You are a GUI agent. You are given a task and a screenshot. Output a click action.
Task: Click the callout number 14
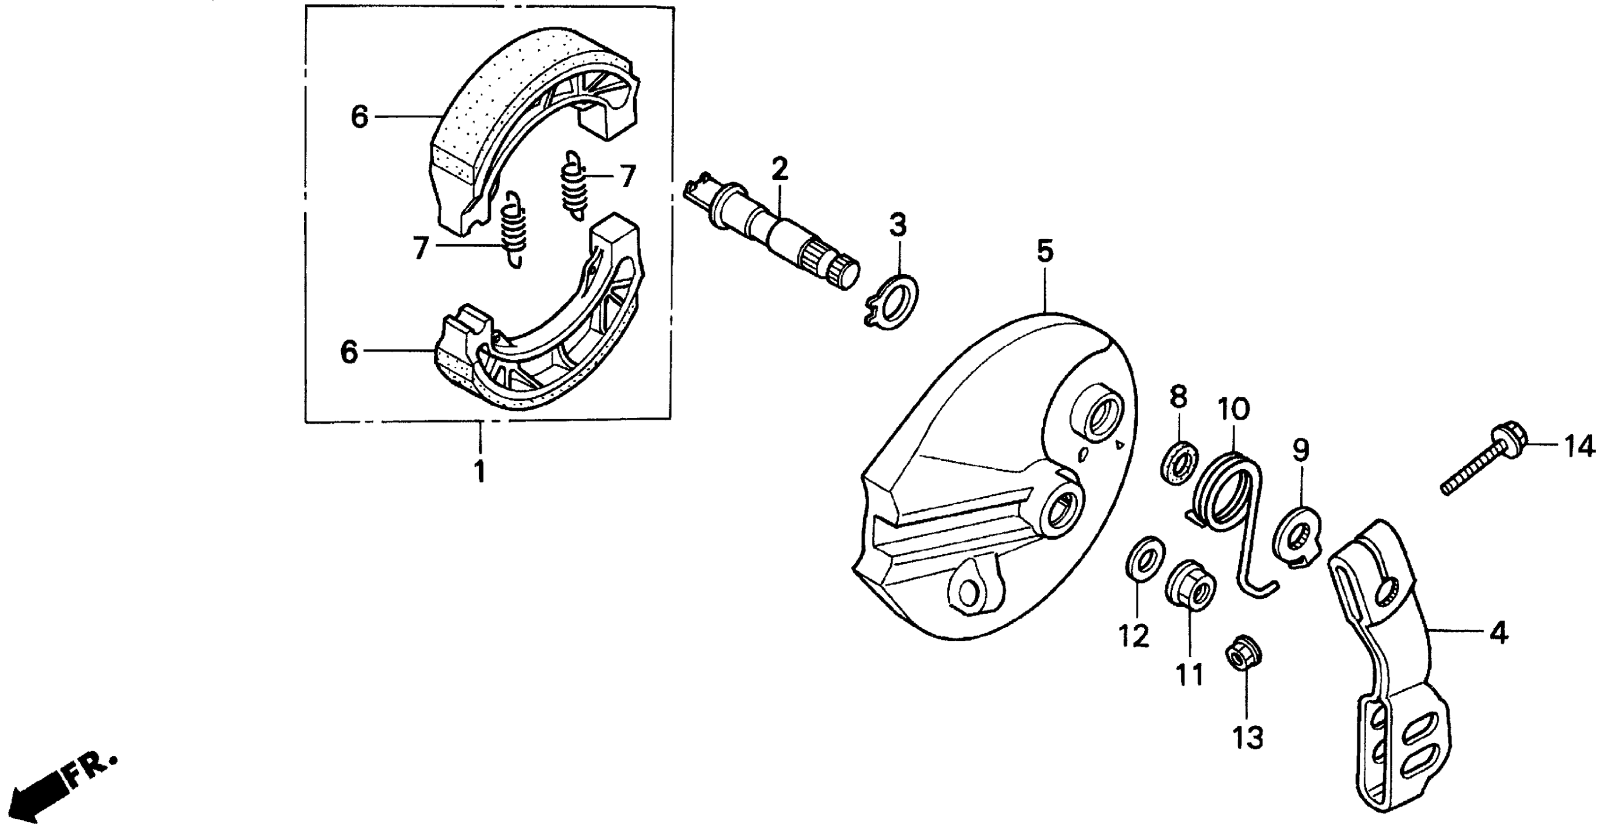(x=1579, y=448)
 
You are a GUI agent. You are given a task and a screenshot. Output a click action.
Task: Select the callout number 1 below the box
(x=480, y=472)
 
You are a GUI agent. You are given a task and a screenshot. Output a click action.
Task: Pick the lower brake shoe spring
(x=514, y=228)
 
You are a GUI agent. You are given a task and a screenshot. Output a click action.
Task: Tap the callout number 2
(x=779, y=168)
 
